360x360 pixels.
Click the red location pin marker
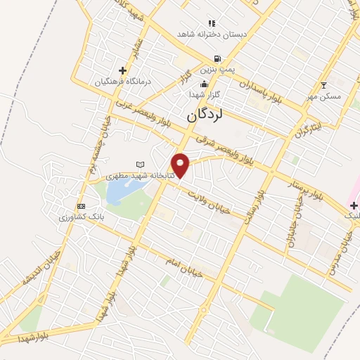pyautogui.click(x=181, y=165)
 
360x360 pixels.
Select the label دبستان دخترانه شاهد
pyautogui.click(x=205, y=34)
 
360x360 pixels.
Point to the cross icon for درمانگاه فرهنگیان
pyautogui.click(x=123, y=70)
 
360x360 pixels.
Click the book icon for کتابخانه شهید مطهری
pyautogui.click(x=139, y=165)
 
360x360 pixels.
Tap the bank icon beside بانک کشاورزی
pyautogui.click(x=82, y=206)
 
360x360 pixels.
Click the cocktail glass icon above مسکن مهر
pyautogui.click(x=323, y=85)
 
